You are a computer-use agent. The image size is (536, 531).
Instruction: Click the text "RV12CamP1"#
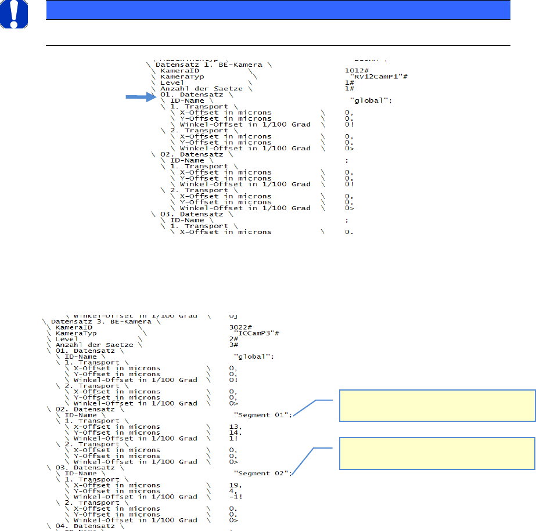pos(373,76)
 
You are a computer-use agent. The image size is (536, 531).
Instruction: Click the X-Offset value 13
pos(233,427)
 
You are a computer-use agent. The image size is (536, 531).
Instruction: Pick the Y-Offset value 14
pos(233,432)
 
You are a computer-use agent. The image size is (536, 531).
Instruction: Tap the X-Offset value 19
pos(233,485)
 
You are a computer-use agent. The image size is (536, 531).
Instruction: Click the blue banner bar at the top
pos(278,10)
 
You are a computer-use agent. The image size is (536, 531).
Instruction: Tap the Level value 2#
pos(233,339)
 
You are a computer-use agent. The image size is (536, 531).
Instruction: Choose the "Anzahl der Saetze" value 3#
pos(233,345)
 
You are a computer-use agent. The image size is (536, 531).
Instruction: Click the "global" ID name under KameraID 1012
pos(370,100)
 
